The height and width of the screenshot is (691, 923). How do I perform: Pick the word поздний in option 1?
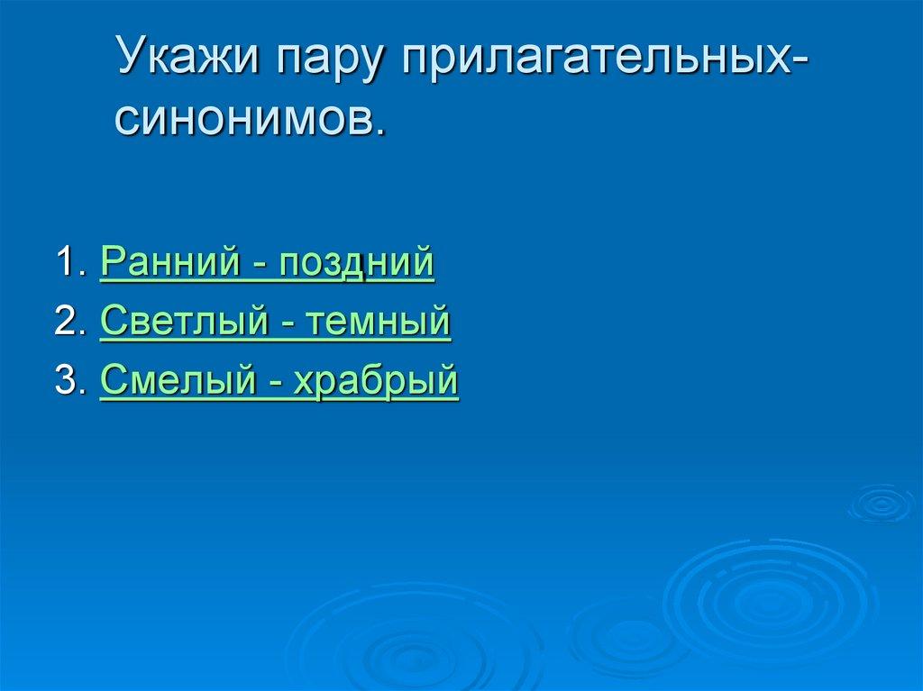click(357, 263)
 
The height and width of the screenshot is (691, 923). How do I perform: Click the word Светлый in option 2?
click(178, 322)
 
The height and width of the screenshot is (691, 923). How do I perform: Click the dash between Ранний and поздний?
click(260, 267)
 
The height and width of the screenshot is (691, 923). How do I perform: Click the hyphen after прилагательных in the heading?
click(800, 68)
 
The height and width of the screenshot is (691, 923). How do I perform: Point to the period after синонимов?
click(378, 132)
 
